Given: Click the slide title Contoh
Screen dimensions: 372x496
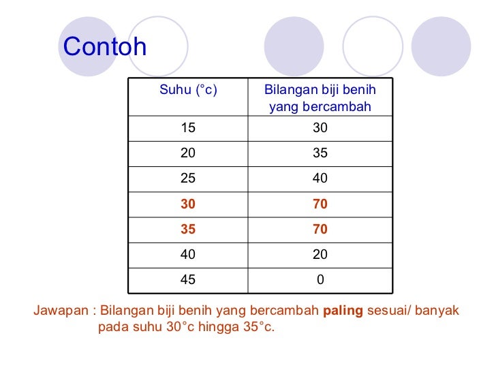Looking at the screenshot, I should (x=105, y=47).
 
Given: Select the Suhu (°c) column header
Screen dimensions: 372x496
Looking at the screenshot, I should (x=188, y=91).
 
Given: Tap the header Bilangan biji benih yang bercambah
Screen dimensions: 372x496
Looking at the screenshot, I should (x=320, y=98).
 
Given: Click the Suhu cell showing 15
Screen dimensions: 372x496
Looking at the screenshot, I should (x=188, y=127).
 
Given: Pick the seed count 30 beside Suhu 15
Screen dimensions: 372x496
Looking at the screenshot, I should (x=320, y=127).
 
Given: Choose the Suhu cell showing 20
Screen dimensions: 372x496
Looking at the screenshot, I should (x=188, y=153).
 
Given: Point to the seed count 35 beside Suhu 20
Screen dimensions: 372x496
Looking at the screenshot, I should (x=320, y=153).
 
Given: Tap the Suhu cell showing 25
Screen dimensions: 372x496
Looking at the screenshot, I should (x=188, y=179).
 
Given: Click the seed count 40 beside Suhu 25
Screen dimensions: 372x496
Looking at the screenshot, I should (x=320, y=179).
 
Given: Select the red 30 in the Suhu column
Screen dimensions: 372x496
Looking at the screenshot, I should (x=188, y=204).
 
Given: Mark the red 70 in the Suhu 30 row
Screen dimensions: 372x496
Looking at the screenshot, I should (x=320, y=204).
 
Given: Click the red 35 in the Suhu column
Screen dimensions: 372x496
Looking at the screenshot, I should (x=188, y=230).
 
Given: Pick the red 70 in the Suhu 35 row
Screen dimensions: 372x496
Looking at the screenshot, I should (x=320, y=230).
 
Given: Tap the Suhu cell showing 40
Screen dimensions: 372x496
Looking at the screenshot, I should (x=188, y=255).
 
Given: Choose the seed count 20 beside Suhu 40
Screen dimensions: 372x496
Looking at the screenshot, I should (x=320, y=255).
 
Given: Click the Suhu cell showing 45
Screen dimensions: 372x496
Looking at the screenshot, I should (x=188, y=280).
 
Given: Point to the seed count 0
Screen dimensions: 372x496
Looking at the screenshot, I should (x=320, y=280).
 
